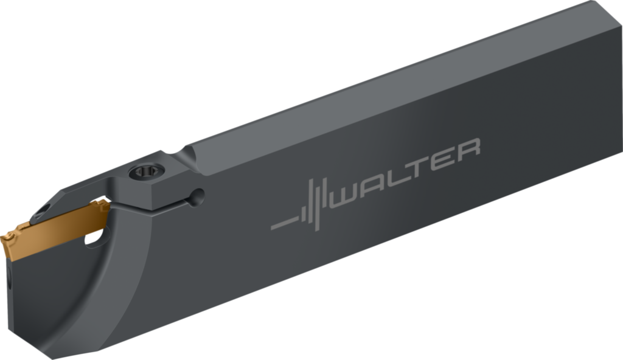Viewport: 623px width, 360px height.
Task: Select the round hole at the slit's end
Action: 197,195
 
